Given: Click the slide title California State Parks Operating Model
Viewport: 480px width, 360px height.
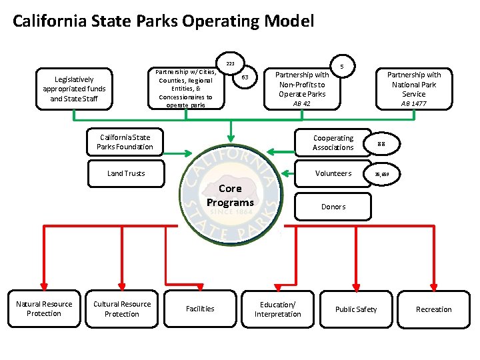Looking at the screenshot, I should (163, 21).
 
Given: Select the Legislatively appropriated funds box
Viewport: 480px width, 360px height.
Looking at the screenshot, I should (74, 89).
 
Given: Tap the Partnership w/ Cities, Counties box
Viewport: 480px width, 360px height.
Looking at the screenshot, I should (186, 88).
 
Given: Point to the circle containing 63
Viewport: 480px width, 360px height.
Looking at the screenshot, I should (245, 78).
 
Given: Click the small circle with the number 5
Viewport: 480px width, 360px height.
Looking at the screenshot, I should (342, 67).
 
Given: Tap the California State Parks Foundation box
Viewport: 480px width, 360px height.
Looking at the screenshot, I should (125, 142).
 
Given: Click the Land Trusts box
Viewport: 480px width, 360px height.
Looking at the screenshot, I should (126, 173).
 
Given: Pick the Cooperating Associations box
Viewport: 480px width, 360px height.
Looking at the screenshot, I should (333, 143).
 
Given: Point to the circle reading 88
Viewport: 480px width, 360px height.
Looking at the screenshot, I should (381, 144).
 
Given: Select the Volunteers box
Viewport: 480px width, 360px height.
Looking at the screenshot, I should (333, 173).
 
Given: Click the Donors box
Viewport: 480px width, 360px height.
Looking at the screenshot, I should (333, 207).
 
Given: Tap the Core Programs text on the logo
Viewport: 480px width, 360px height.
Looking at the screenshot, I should (230, 195).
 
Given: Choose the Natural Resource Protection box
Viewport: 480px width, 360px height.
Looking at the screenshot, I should (44, 309).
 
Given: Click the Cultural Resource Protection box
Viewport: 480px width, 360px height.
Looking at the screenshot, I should (122, 309).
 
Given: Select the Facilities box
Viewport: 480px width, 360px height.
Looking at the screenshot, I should (200, 309).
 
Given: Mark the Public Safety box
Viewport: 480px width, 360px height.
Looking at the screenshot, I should (355, 309).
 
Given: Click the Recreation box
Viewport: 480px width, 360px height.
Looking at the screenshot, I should (433, 309).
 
